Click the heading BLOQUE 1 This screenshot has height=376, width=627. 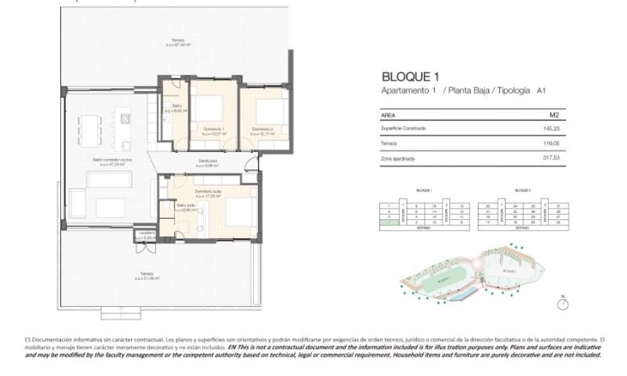[408, 77]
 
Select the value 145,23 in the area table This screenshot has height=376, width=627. [556, 128]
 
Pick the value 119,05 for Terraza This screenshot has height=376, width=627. [556, 143]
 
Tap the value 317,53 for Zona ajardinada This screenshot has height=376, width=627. [556, 158]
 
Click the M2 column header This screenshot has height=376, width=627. [554, 114]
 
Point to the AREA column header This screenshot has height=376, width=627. [388, 114]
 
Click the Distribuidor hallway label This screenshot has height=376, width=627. [208, 161]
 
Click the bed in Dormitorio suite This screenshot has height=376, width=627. [239, 211]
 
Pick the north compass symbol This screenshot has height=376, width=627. [562, 303]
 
